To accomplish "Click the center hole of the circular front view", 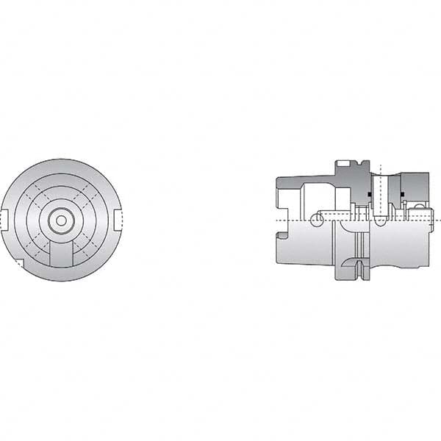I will point(61,220).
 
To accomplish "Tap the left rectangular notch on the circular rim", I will point(3,219).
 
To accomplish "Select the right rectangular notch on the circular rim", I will point(119,219).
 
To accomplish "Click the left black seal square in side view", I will point(369,194).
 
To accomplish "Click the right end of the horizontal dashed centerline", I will point(437,220).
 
